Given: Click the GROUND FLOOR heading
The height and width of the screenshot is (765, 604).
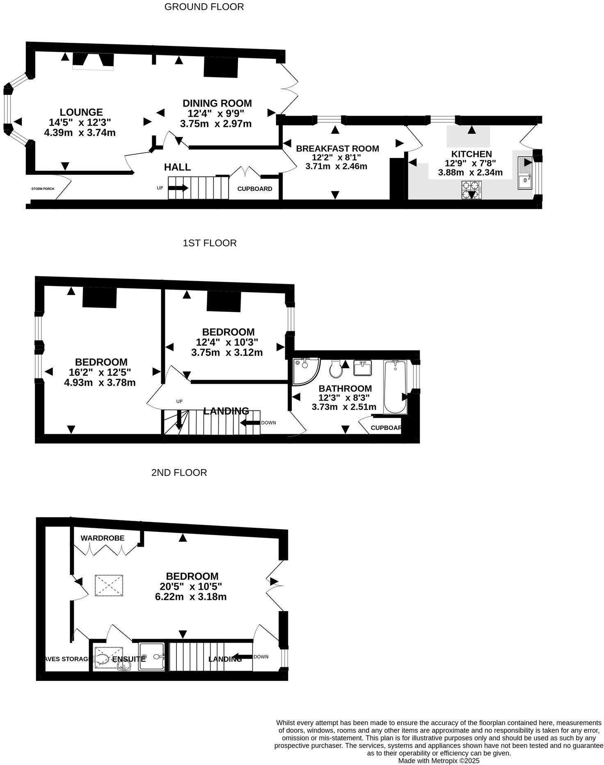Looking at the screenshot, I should point(204,7).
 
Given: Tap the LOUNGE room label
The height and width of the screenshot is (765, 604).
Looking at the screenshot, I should point(81,112).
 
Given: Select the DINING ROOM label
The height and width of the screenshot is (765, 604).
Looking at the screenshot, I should point(217,103).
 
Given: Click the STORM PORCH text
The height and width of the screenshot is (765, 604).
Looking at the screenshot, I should point(43,189).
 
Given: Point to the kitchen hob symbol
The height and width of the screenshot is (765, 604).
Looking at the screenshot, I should point(471,190).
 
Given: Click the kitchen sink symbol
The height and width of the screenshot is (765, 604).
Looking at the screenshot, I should point(525,173).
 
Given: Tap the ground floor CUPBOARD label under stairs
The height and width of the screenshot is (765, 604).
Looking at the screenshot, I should point(254,189).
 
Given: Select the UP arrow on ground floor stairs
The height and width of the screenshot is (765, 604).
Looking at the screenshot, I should point(178,188).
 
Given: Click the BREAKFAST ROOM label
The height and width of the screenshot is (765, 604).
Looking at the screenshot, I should point(337,149).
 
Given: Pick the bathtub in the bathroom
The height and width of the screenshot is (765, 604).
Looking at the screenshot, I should point(395,387).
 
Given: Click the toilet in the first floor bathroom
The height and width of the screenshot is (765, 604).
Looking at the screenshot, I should point(336,369).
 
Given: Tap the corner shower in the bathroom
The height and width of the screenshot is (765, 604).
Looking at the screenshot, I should point(305,371).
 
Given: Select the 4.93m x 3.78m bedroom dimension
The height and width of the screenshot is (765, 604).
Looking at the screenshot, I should point(100,383).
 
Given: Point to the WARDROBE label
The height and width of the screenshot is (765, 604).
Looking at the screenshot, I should point(102,538).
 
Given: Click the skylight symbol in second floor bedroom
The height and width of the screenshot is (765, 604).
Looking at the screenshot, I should point(109,585).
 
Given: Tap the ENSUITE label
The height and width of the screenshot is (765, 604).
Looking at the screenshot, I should point(129,659).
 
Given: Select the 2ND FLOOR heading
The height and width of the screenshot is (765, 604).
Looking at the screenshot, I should point(179,472).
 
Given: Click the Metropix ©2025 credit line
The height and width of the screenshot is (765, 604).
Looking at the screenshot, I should point(439,760).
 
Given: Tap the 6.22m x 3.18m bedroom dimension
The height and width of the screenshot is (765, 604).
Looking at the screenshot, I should point(191,597).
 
